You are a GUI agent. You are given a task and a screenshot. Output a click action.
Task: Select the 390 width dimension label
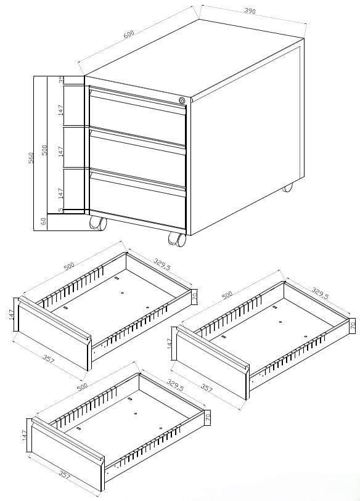click(x=250, y=11)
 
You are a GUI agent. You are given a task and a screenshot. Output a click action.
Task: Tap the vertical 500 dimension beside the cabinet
click(x=44, y=150)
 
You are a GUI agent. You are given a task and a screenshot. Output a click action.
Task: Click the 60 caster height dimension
click(x=44, y=221)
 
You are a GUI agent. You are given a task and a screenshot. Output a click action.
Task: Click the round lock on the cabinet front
click(x=182, y=100)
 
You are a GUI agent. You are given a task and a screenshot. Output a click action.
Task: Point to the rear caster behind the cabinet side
click(x=287, y=187)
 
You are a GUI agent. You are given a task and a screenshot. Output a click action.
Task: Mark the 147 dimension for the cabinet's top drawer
click(x=61, y=110)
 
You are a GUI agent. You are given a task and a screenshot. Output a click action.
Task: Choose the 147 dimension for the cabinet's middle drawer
click(x=61, y=151)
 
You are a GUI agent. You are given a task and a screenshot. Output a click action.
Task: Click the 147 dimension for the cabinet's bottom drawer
click(x=61, y=192)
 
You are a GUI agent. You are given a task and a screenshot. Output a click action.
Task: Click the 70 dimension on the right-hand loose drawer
click(x=353, y=325)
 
